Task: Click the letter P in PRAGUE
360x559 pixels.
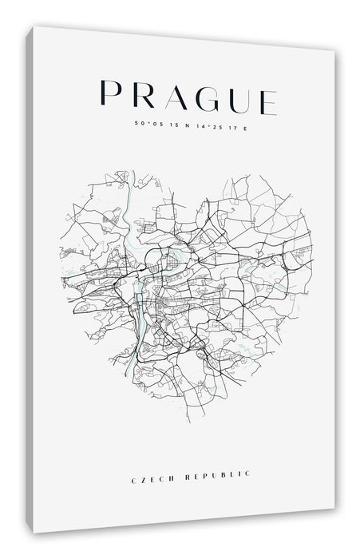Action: [106, 93]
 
